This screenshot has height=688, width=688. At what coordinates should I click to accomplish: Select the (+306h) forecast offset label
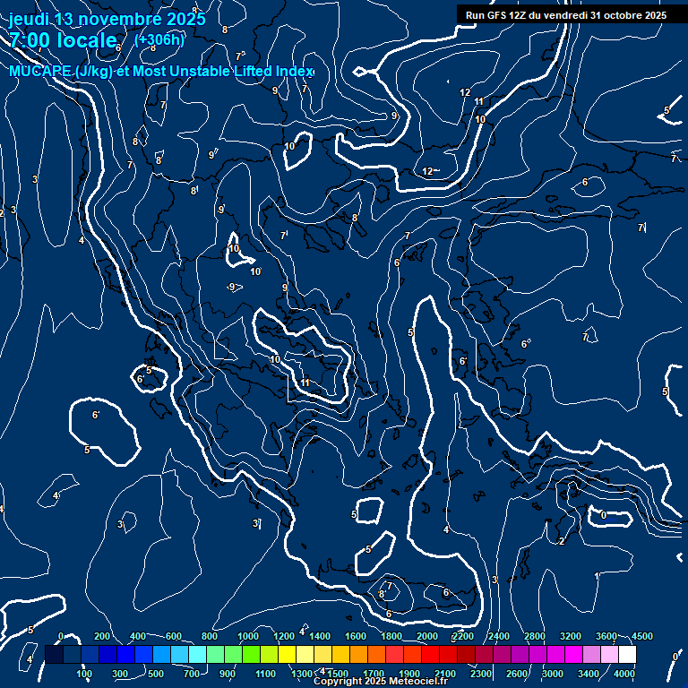159,39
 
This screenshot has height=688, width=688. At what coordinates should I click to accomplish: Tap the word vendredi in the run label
556,15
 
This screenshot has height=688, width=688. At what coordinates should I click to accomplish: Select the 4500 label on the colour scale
641,636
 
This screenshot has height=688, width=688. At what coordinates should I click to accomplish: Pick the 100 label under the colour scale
85,674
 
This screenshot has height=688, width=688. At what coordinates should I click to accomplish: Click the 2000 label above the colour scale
427,636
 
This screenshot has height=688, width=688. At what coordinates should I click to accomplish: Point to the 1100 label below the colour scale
266,674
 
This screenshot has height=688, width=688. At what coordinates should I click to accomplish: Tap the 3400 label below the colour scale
589,674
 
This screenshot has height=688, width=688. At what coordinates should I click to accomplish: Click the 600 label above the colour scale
174,636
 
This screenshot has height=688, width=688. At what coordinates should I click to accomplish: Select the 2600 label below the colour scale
517,674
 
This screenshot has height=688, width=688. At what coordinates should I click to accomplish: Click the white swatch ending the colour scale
627,655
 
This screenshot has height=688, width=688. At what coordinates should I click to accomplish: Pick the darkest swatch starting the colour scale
54,655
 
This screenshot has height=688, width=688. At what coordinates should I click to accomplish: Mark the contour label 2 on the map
561,541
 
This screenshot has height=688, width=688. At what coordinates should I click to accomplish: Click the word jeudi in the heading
29,19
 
